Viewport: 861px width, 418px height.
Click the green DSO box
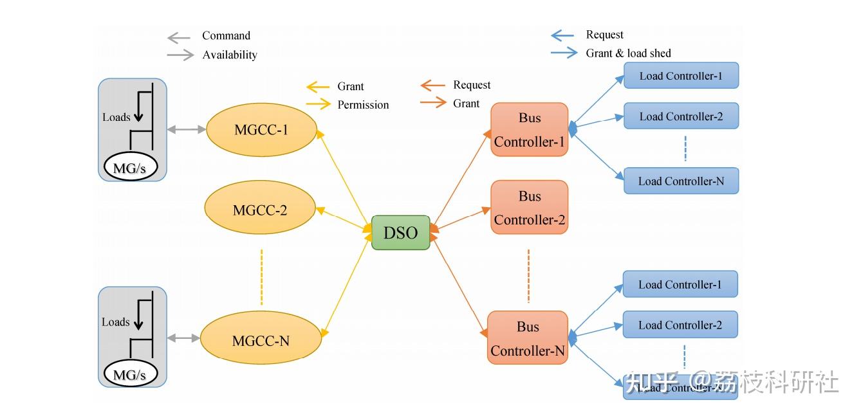click(x=400, y=233)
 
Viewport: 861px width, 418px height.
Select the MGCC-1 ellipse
click(x=261, y=129)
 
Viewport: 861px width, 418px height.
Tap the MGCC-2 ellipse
click(x=260, y=210)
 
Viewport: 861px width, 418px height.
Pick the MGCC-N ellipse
click(x=260, y=341)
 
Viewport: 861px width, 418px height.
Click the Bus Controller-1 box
click(x=529, y=129)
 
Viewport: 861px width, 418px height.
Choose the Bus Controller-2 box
click(x=529, y=207)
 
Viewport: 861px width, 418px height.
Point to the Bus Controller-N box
click(x=528, y=338)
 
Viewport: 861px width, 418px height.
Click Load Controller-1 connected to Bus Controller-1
click(x=681, y=76)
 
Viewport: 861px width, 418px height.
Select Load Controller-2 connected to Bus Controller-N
click(x=680, y=325)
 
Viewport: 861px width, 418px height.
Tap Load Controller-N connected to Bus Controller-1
click(x=681, y=181)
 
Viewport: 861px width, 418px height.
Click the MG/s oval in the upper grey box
click(x=129, y=168)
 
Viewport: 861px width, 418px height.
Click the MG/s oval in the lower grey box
click(x=129, y=374)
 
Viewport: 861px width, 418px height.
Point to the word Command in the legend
click(x=226, y=36)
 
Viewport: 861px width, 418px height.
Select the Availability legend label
click(x=230, y=55)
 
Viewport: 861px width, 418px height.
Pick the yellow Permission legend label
click(x=363, y=105)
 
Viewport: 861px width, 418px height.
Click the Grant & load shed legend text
click(x=628, y=53)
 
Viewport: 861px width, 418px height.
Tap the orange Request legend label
click(x=471, y=85)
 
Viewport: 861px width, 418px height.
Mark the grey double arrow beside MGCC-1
click(x=186, y=130)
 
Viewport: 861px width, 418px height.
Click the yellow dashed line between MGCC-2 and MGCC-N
click(x=262, y=278)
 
